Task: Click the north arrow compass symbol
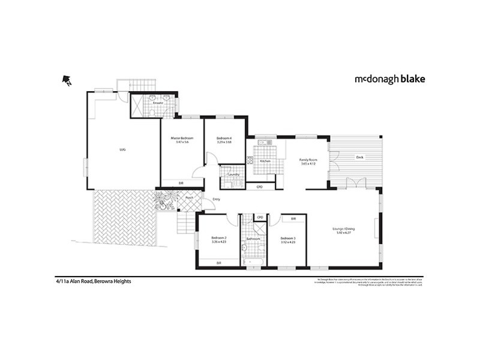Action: [67, 80]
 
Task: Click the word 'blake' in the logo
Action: [411, 79]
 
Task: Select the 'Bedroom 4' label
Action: [224, 139]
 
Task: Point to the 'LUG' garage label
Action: [122, 150]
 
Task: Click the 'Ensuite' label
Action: [158, 103]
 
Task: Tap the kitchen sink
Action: [265, 142]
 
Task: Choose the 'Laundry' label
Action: [234, 175]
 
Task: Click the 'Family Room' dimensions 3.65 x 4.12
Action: [308, 164]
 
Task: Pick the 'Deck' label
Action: [359, 157]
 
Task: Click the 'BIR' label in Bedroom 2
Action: [218, 263]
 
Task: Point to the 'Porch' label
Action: [188, 197]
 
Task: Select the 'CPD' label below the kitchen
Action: [259, 187]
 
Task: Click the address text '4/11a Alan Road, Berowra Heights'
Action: [89, 281]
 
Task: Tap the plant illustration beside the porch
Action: [164, 201]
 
